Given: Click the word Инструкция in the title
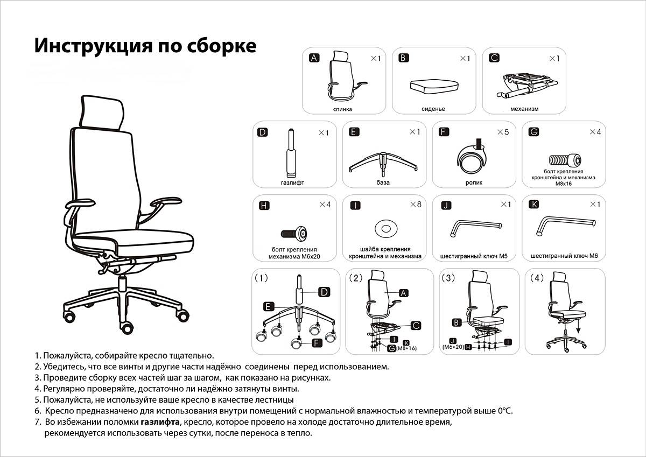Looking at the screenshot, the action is click(94, 46).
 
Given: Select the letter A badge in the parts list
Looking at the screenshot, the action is click(314, 58).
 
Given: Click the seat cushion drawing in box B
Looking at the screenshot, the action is click(434, 86).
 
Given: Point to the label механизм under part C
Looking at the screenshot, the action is click(524, 109).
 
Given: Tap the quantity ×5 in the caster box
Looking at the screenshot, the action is click(503, 132).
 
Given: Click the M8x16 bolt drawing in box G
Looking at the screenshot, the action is click(565, 160).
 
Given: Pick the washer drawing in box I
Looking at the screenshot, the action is click(386, 229).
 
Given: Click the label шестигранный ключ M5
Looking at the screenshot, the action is click(474, 256).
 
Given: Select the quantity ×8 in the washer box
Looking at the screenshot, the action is click(416, 205).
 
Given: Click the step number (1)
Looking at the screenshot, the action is click(261, 278).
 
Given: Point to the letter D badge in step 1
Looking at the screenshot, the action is click(324, 292).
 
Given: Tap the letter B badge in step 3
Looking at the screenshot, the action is click(457, 322).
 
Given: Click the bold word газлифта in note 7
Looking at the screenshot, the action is click(160, 422).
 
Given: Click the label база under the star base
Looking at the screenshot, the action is click(383, 182).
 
